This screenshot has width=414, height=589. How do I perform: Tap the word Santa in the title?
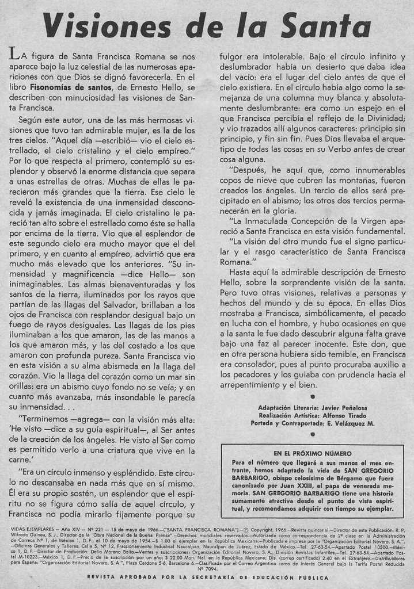click(326, 26)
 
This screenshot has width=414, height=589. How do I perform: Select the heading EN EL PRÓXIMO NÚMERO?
click(312, 453)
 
